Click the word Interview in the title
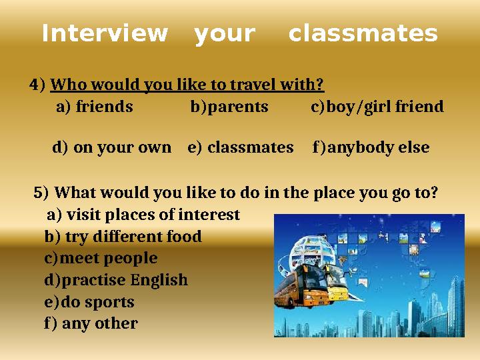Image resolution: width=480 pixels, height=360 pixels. pos(105,33)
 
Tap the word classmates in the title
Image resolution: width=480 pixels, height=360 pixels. pos(363,33)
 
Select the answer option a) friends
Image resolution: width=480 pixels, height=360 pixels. pos(95,107)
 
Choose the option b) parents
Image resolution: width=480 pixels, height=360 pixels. pos(229,107)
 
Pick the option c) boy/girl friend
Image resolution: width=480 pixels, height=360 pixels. pos(377,107)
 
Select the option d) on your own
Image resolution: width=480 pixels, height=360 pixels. pos(111,147)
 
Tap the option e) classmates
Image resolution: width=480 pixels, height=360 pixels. pos(241,147)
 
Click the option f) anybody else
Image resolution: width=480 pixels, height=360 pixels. pos(371,147)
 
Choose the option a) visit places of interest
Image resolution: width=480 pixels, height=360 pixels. pos(143,215)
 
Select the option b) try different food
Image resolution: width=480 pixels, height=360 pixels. pos(123,237)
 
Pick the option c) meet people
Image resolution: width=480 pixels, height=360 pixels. pos(101,258)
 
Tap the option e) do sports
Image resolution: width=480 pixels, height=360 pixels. pos(89,302)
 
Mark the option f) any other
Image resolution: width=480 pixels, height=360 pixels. pos(91,324)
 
